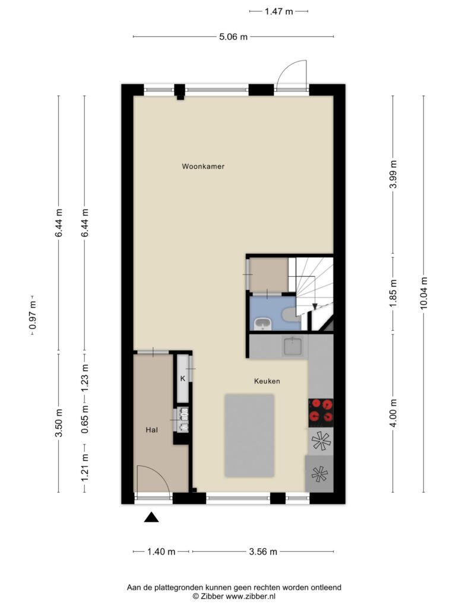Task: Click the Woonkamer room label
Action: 203,167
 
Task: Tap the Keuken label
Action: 267,381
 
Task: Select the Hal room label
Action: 151,430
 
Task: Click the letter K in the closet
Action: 183,379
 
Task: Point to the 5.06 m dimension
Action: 233,37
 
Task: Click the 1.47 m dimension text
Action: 279,11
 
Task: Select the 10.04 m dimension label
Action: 423,293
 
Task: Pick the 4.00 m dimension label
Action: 393,413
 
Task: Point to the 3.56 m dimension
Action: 263,552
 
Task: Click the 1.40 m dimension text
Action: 161,552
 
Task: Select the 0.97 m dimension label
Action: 33,315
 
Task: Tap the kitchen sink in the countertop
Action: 293,346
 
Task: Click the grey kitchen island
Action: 249,436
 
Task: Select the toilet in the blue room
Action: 290,314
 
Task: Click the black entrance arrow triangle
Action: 151,517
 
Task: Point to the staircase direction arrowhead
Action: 315,306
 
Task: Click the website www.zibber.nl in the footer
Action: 251,596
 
